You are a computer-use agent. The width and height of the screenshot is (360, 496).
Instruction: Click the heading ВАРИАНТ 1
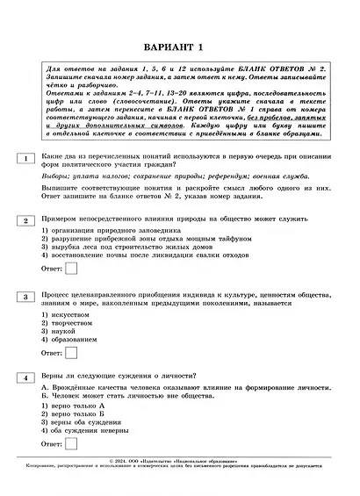point(180,47)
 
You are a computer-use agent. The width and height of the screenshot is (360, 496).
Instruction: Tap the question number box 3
point(25,297)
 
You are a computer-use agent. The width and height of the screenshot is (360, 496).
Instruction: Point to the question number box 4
point(25,377)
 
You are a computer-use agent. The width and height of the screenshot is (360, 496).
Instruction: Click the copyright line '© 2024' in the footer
point(179,461)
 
